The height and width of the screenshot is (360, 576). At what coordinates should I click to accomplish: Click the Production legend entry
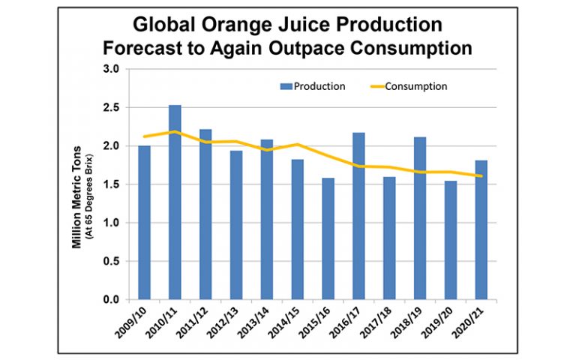pos(316,86)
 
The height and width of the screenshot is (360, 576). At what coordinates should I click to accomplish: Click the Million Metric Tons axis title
pos(76,184)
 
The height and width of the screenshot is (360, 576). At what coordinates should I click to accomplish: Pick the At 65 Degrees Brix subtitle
pos(87,184)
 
